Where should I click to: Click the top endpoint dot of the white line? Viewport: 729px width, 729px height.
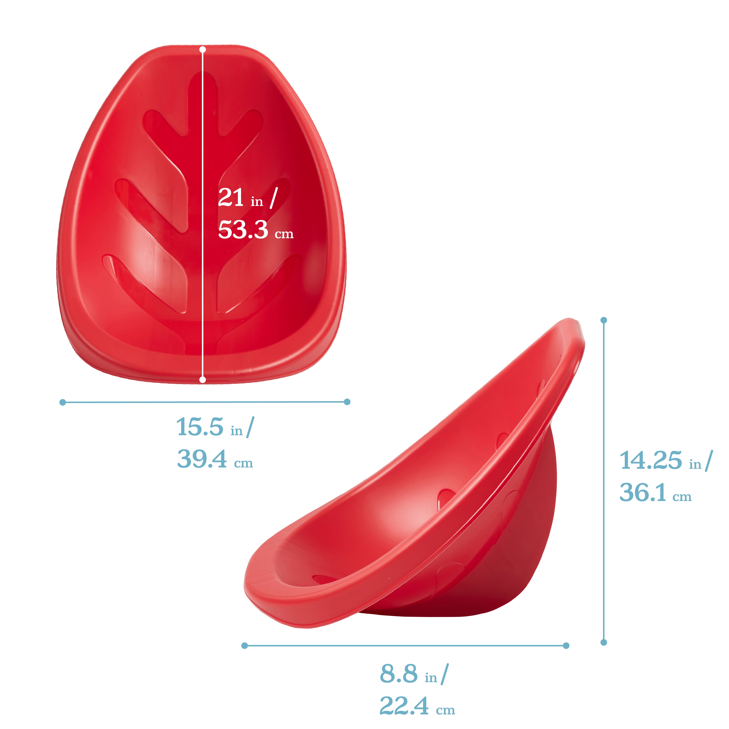203,49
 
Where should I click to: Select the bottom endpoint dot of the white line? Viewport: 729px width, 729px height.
203,380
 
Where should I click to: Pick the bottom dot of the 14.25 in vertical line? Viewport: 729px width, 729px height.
604,642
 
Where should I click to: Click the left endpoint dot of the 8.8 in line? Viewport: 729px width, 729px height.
245,646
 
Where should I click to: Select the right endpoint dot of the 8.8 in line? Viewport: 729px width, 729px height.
566,646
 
